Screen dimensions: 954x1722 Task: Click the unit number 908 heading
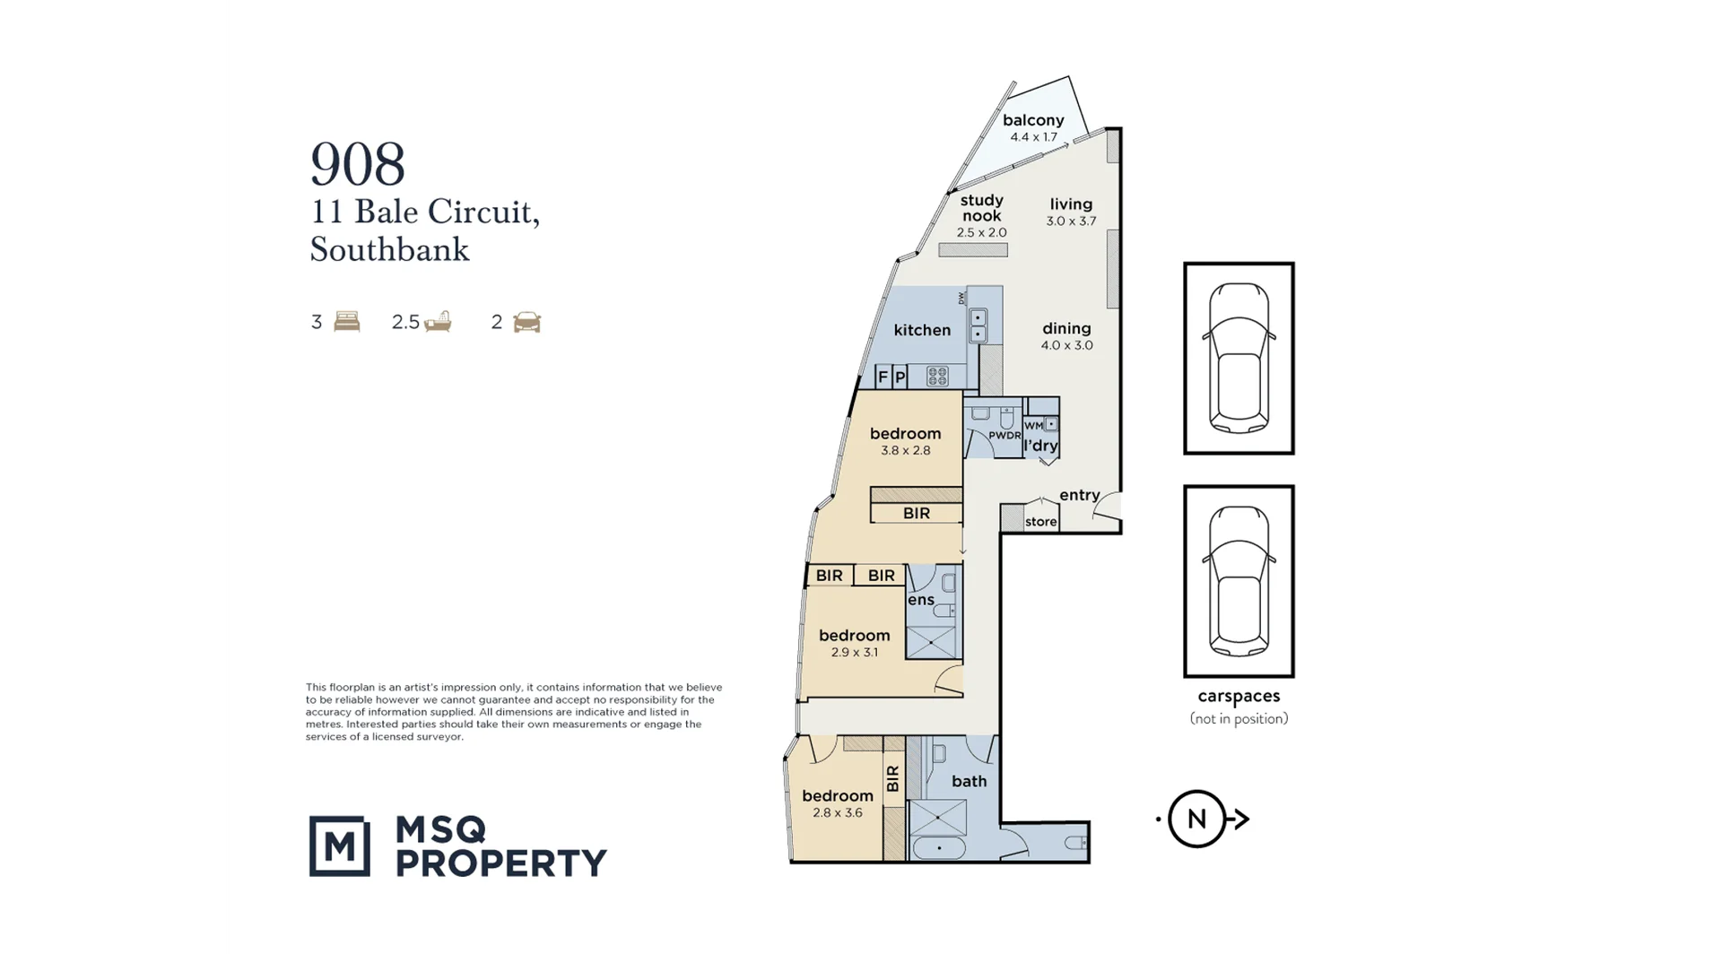(x=358, y=165)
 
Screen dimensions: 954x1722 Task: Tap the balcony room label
(x=1033, y=120)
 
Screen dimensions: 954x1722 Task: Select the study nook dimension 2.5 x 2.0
(x=981, y=232)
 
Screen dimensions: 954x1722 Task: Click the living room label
(x=1071, y=204)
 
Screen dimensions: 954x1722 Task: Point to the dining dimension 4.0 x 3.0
(x=1066, y=345)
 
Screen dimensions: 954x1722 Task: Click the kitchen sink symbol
(x=978, y=325)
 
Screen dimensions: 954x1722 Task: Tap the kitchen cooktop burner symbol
(x=936, y=377)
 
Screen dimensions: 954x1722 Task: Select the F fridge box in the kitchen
(x=883, y=377)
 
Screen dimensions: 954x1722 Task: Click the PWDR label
(x=1004, y=436)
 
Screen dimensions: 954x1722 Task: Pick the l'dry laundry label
(x=1040, y=446)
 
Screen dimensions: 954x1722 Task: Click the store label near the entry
(x=1040, y=522)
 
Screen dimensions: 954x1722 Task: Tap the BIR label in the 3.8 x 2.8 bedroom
(x=916, y=514)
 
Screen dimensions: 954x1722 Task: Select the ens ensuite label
(x=920, y=600)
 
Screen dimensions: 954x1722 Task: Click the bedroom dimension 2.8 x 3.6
(x=837, y=813)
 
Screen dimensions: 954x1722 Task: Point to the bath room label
(x=969, y=782)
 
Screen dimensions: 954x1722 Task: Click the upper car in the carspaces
(x=1239, y=357)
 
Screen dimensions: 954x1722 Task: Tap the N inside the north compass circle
(x=1196, y=819)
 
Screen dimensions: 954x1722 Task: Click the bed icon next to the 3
(x=346, y=322)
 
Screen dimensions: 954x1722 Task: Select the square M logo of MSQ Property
(x=339, y=846)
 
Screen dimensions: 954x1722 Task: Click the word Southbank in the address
(x=389, y=249)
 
